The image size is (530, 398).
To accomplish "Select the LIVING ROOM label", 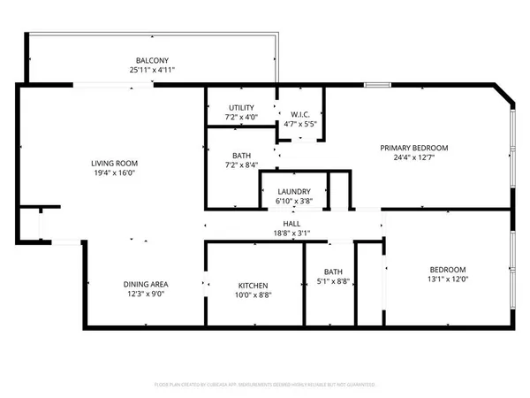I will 115,164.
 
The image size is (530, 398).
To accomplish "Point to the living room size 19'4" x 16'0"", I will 115,174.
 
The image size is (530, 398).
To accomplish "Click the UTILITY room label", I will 241,107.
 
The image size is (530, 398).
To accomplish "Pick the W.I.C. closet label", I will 299,115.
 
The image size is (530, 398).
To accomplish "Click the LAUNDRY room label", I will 292,191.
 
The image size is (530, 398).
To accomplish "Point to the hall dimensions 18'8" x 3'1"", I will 291,234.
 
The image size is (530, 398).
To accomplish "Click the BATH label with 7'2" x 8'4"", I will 241,155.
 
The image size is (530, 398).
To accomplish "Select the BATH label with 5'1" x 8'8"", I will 333,272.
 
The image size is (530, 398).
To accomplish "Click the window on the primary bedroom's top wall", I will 377,85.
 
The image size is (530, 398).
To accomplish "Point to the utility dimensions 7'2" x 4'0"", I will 241,117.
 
